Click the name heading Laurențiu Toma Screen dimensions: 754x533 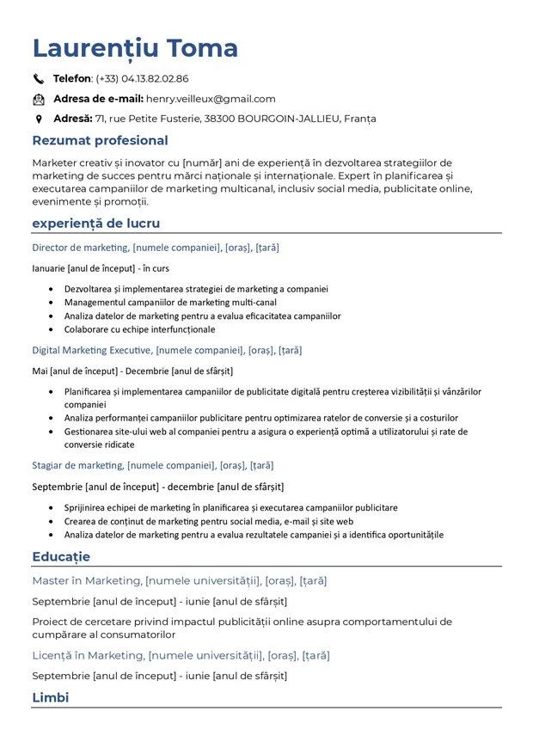tap(135, 48)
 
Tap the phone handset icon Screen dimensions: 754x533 tap(39, 79)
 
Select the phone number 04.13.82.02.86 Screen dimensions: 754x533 tap(155, 79)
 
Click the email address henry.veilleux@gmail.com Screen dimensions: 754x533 tap(211, 99)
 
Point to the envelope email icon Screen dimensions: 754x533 tap(39, 99)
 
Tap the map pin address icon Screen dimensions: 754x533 tap(39, 119)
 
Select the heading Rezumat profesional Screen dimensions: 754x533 tap(100, 140)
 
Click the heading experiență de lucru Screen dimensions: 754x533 tap(95, 224)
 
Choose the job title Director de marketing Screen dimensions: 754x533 tap(80, 248)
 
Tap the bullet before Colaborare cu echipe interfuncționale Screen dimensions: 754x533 tap(53, 330)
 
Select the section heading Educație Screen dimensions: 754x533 tap(61, 557)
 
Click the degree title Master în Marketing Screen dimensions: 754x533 tap(86, 580)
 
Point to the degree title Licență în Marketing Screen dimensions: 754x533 tap(87, 655)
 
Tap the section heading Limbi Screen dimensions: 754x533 tap(50, 697)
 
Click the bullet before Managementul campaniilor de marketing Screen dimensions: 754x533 tap(53, 303)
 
